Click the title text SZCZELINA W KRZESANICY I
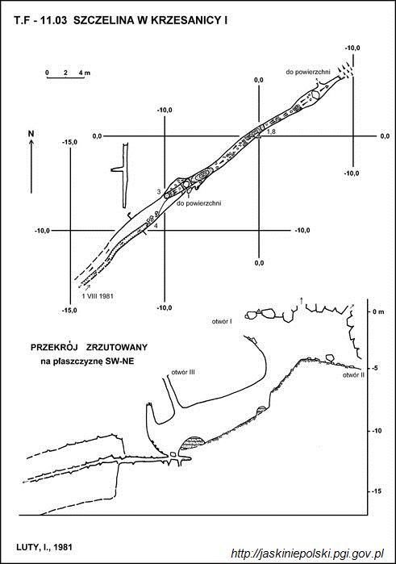[150, 21]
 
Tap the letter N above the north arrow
[31, 133]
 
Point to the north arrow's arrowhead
[31, 142]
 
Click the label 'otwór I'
[222, 322]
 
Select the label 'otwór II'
[353, 375]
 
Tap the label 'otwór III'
[183, 372]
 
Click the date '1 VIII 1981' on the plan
[98, 296]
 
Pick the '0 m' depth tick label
[378, 312]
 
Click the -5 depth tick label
[377, 368]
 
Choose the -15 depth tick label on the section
[376, 491]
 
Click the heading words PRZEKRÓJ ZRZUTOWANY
[89, 347]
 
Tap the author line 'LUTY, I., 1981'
[44, 547]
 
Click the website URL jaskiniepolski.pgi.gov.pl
[307, 553]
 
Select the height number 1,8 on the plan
[271, 132]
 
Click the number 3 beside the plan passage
[160, 192]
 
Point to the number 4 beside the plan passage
[156, 226]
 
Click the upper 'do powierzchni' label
[308, 72]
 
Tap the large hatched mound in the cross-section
[193, 443]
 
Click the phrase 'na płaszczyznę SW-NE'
[87, 361]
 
